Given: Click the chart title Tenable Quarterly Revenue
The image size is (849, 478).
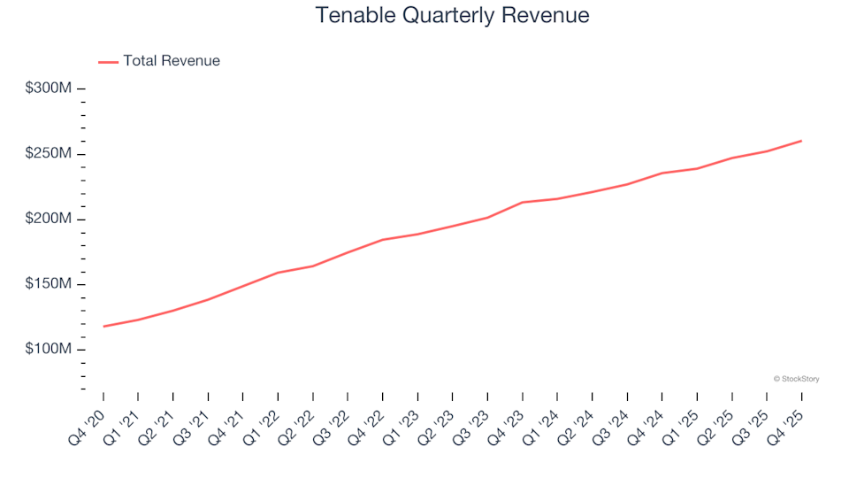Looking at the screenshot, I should [x=452, y=16].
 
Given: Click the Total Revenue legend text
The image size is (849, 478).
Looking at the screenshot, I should [x=172, y=61].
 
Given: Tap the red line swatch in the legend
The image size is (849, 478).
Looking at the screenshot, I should [x=108, y=62].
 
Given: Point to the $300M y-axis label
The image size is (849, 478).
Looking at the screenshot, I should [x=48, y=89].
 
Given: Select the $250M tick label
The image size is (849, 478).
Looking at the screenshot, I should [x=48, y=154].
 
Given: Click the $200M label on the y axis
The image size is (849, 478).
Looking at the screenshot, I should [x=48, y=220].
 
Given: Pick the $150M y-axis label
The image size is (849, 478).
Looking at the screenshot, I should [x=48, y=284].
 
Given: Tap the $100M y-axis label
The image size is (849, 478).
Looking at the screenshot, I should [x=48, y=350].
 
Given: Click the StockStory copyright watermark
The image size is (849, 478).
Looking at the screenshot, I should [x=796, y=379].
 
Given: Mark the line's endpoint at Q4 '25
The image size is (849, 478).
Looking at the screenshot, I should [x=801, y=141].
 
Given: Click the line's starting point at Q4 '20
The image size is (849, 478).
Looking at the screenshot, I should [x=103, y=327].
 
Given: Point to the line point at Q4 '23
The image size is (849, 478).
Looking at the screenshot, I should [x=523, y=203].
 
